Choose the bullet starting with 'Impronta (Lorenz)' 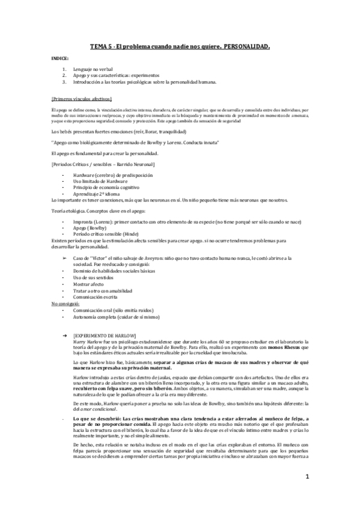[180, 223]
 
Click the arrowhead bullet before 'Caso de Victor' [65, 257]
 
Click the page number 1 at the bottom [307, 476]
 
